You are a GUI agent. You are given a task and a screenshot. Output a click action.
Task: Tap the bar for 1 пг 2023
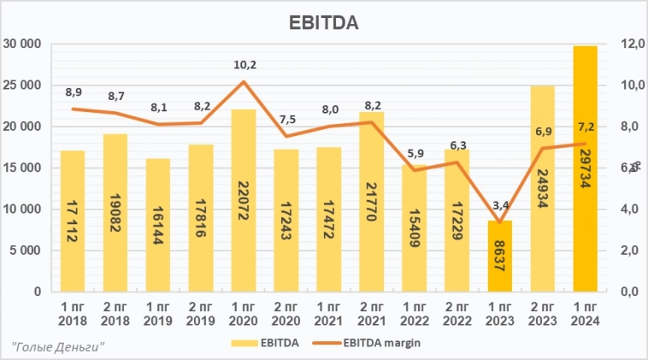(x=499, y=256)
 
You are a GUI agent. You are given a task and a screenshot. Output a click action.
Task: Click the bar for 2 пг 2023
(x=542, y=188)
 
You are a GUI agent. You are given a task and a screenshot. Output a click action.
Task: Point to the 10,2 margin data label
(x=244, y=64)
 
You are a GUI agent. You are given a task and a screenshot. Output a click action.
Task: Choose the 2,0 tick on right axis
(x=630, y=251)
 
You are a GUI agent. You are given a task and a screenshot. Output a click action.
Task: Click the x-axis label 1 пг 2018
(x=73, y=313)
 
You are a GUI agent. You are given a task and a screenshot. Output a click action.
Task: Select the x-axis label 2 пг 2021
(x=371, y=313)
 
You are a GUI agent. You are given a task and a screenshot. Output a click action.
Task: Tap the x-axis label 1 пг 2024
(x=585, y=313)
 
